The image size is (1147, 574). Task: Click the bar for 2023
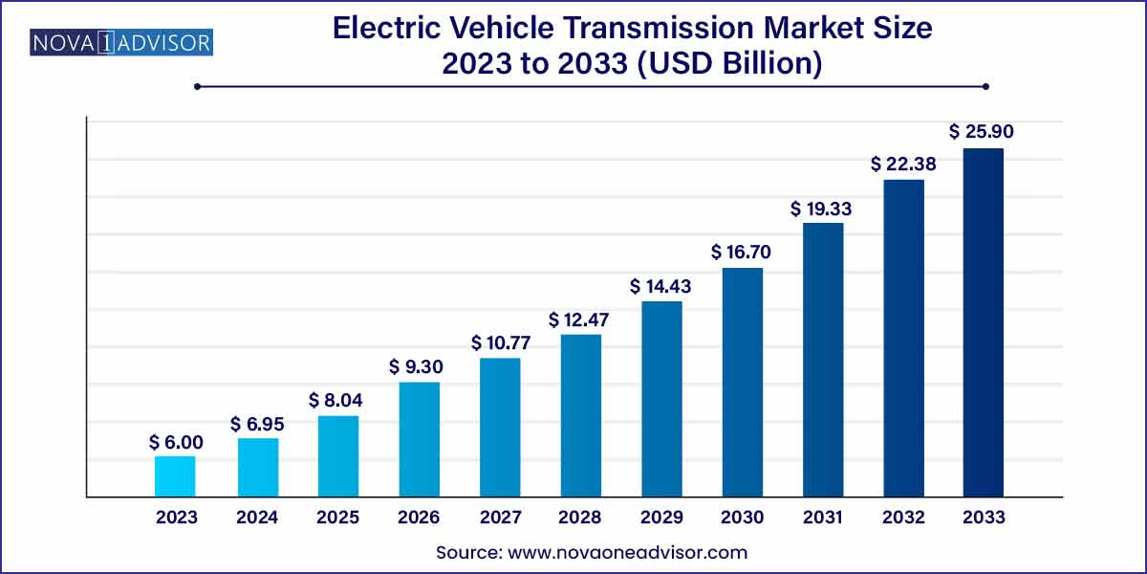175,476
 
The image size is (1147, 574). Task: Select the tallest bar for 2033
983,322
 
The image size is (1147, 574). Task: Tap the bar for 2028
580,415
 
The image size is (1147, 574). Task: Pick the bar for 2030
742,382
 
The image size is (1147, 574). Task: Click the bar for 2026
419,439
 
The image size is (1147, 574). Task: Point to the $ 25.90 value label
982,131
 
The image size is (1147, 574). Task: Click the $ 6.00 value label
175,442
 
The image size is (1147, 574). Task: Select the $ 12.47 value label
580,318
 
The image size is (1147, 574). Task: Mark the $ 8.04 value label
337,400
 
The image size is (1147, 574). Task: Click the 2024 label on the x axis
257,518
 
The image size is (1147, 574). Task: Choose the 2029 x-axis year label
660,518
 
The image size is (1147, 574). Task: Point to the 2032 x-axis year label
902,518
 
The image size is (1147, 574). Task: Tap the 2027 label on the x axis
499,518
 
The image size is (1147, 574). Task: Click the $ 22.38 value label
902,164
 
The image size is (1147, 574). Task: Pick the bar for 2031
823,360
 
